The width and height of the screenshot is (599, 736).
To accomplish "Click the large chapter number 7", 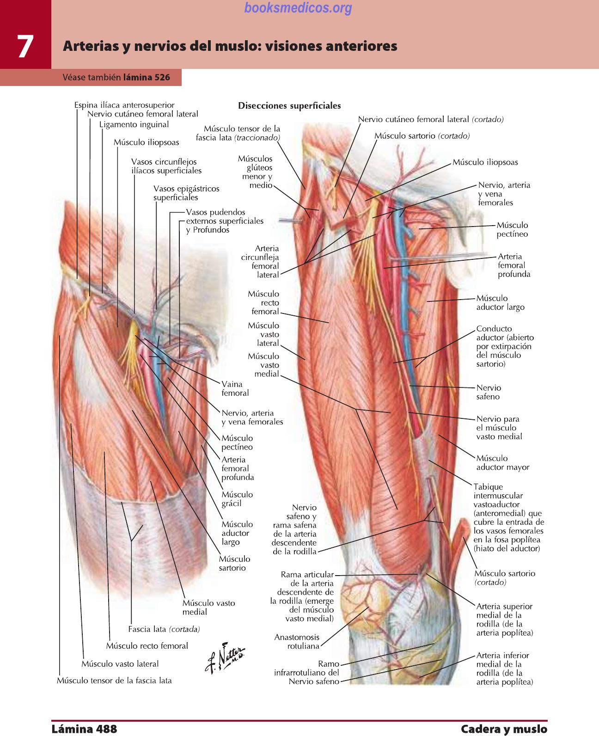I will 25,46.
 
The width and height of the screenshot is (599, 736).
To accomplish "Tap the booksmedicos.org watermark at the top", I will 298,8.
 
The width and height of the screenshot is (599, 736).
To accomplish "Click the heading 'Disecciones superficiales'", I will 289,105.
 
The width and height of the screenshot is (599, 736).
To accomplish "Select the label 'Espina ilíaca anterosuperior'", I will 124,105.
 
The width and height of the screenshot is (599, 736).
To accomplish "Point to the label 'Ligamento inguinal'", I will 134,124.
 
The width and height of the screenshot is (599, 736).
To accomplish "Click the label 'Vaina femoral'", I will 235,388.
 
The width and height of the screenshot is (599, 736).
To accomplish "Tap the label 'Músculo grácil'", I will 237,499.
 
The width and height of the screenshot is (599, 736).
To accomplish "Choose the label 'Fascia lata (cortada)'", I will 164,629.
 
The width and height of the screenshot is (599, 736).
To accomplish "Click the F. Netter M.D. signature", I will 225,656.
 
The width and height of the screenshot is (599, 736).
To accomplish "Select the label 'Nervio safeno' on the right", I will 489,392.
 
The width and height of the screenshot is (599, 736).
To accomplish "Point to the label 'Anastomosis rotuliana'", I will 297,641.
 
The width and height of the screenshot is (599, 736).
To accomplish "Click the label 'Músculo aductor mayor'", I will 502,462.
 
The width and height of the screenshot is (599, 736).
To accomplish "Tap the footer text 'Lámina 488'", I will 84,729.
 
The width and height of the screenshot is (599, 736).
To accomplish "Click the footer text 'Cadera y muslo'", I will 504,729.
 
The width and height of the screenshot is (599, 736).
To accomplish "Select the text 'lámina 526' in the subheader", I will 147,77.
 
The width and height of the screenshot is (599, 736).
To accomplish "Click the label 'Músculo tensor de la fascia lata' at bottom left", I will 114,681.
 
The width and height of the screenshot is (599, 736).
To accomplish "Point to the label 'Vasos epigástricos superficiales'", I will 186,193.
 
